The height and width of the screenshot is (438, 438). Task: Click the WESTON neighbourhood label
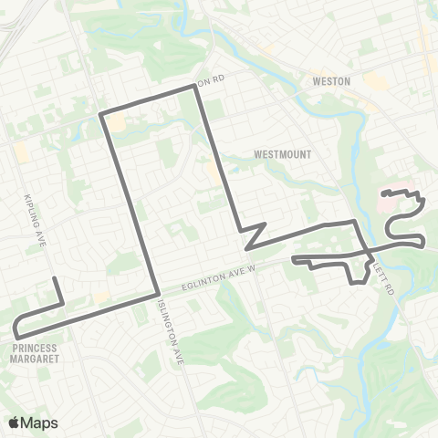coord(331,80)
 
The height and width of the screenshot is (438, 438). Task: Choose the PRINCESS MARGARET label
coord(36,352)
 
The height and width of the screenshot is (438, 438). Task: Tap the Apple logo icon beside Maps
coord(15,422)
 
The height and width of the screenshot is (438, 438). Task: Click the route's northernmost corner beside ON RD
coord(195,87)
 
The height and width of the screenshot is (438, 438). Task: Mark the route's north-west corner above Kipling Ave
coord(100,115)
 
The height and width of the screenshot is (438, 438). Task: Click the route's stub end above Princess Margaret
coord(55,278)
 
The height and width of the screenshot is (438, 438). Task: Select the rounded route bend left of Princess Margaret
coord(16,328)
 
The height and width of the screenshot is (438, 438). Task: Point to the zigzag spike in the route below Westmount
coord(263,224)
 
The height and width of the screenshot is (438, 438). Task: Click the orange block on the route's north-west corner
coord(115,123)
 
